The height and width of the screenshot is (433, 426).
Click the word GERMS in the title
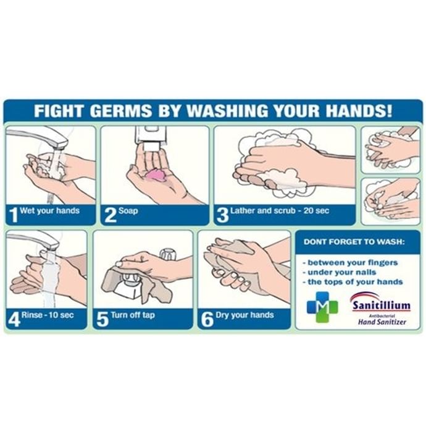(x=120, y=111)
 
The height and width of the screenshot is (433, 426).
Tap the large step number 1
(x=13, y=215)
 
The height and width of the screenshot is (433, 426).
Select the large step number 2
(x=111, y=215)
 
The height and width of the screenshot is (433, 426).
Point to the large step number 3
(x=222, y=215)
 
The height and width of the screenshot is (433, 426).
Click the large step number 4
(x=14, y=319)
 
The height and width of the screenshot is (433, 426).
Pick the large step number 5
(x=102, y=319)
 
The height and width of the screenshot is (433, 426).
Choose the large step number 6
(x=207, y=319)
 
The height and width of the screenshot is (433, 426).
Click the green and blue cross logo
(x=322, y=307)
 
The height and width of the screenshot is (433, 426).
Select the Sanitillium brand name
(x=382, y=306)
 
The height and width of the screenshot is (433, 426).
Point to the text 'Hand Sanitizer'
(x=382, y=322)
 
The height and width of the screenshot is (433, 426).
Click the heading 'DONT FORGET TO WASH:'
(x=354, y=242)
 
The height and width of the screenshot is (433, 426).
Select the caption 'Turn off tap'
(x=133, y=315)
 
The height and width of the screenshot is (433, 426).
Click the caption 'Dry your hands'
(x=244, y=315)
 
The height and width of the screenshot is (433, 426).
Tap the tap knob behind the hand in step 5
(x=168, y=254)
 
